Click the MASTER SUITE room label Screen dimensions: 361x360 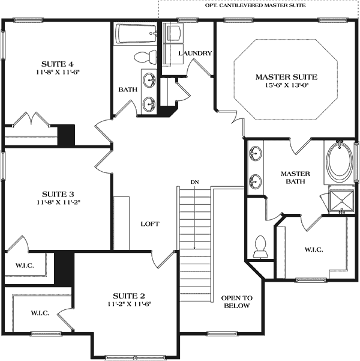pyautogui.click(x=286, y=77)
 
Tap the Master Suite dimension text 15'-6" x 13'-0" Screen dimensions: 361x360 pyautogui.click(x=286, y=85)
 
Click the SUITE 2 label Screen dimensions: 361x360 pyautogui.click(x=129, y=296)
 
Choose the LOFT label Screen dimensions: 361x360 pyautogui.click(x=149, y=224)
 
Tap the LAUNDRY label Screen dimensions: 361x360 pyautogui.click(x=195, y=53)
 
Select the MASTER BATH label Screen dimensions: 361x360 pyautogui.click(x=294, y=177)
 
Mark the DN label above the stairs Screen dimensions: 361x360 pyautogui.click(x=194, y=181)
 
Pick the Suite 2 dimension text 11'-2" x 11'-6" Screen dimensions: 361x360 pyautogui.click(x=129, y=304)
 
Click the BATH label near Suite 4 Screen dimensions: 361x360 pyautogui.click(x=127, y=89)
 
